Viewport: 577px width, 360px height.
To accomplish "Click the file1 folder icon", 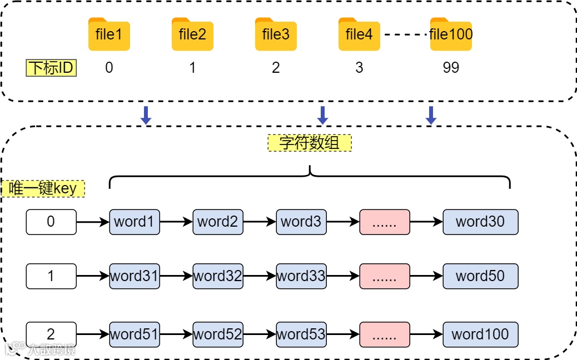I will pos(109,34).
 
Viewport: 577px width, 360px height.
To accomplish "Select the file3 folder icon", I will pos(276,34).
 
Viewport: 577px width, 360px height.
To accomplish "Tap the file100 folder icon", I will pos(451,34).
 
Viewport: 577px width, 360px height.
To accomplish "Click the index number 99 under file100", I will pos(451,68).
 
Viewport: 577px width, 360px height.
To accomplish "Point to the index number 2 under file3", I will pos(276,68).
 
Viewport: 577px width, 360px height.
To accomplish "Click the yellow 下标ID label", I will pos(52,68).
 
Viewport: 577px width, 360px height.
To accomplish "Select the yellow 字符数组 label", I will pos(310,143).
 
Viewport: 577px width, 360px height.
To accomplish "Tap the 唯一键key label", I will pos(43,189).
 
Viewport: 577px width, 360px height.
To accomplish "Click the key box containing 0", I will pos(51,222).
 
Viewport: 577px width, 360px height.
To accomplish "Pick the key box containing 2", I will pos(51,334).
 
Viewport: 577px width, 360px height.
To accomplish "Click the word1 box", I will pos(135,222).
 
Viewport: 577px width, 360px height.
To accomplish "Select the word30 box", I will pos(480,222).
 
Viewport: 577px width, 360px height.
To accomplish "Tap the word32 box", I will pos(218,276).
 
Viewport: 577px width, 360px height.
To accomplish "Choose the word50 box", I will pos(480,276).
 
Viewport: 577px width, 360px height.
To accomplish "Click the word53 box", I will pos(301,334).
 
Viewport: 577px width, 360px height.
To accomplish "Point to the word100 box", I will pos(480,334).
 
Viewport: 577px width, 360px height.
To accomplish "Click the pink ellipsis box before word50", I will pos(385,276).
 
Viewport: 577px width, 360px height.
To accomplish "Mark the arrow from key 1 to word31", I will pos(93,276).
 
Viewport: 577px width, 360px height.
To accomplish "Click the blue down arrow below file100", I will pos(430,115).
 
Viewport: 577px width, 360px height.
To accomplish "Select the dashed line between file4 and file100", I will pos(406,35).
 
